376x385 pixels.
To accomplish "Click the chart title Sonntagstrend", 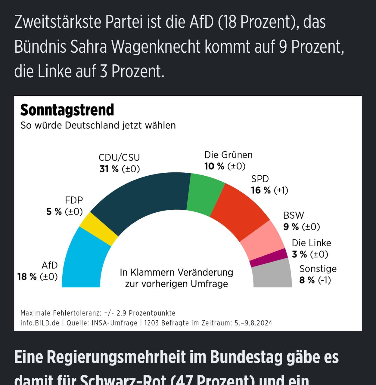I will click(x=67, y=110).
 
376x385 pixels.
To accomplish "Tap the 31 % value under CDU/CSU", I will click(x=109, y=169).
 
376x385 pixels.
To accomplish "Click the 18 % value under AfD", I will click(x=27, y=277).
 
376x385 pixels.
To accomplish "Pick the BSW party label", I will click(x=294, y=215).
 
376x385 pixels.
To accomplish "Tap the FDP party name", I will click(x=74, y=200).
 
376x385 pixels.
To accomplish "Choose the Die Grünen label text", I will click(x=228, y=155).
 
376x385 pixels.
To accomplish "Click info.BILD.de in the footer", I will click(x=40, y=323).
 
